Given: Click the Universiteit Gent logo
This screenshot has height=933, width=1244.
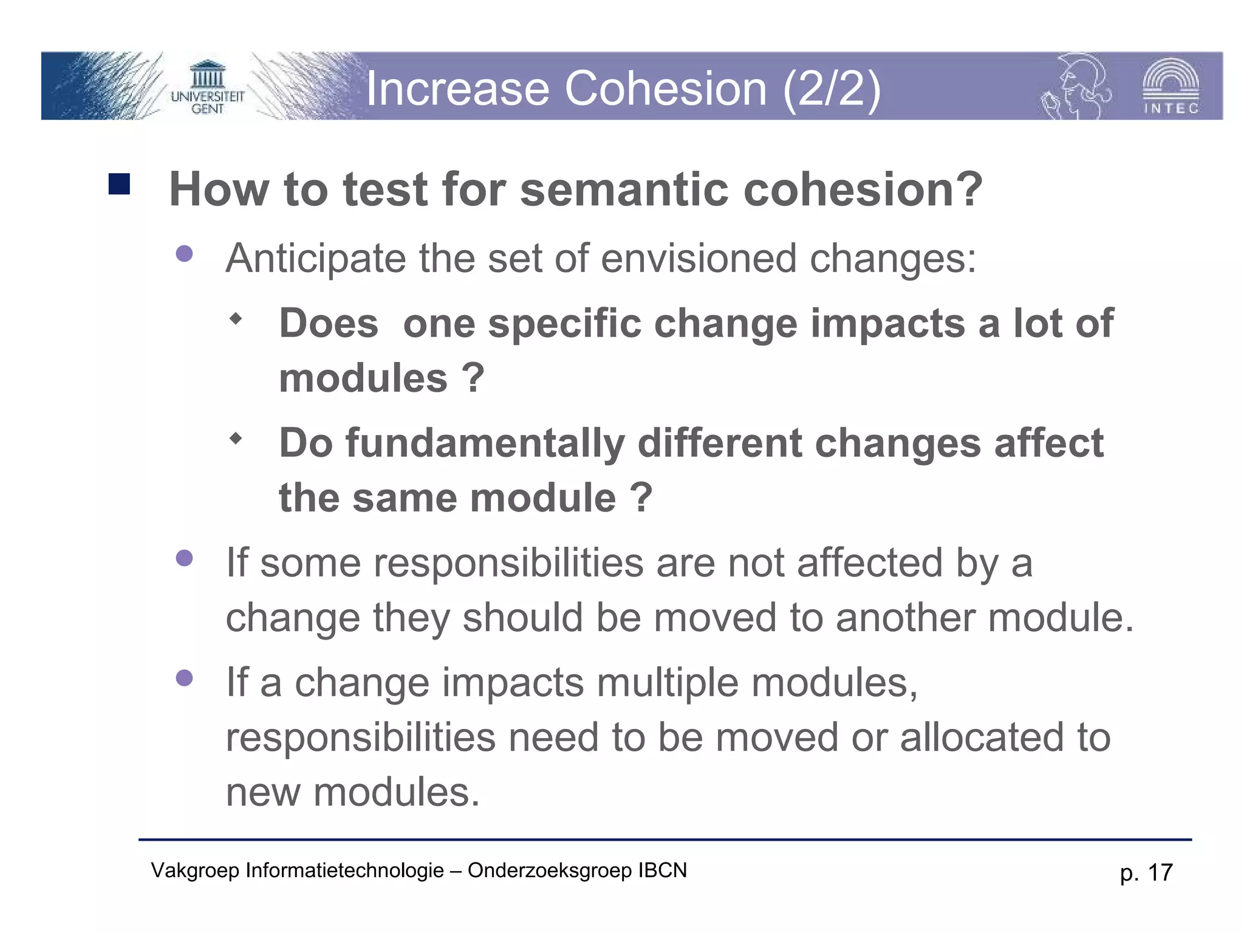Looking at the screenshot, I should pyautogui.click(x=207, y=88).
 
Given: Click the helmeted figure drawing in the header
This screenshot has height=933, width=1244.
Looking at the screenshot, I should pyautogui.click(x=1076, y=87).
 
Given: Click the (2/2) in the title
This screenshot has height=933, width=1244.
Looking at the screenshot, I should pyautogui.click(x=832, y=89).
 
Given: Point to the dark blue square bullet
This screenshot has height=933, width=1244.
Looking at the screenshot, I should pyautogui.click(x=119, y=184).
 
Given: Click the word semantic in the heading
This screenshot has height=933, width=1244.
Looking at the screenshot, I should pyautogui.click(x=624, y=189).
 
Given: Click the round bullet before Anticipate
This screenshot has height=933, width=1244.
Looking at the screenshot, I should pyautogui.click(x=184, y=253).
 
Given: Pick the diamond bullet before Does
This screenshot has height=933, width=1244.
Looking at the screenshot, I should pyautogui.click(x=236, y=318).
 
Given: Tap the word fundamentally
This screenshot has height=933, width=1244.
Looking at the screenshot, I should pyautogui.click(x=485, y=443).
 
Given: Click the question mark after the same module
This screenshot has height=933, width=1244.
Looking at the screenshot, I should pyautogui.click(x=641, y=498).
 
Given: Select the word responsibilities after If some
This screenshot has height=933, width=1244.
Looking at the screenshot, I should pyautogui.click(x=508, y=562).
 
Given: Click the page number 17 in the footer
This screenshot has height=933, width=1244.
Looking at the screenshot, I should pyautogui.click(x=1160, y=872).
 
